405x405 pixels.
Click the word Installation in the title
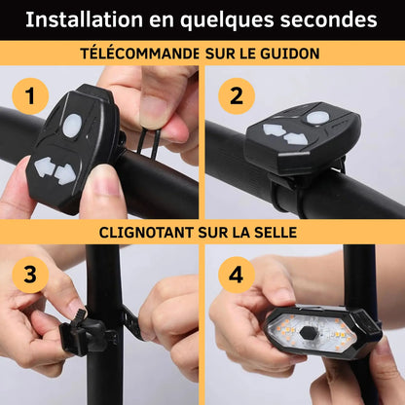[84, 19]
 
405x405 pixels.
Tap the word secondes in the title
[328, 19]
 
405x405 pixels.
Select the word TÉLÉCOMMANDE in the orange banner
[140, 54]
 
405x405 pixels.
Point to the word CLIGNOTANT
[147, 233]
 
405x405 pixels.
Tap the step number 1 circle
[30, 96]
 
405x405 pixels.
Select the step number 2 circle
[237, 96]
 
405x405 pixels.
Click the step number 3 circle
[30, 275]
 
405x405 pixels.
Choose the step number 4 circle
[237, 275]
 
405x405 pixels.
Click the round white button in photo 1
[72, 126]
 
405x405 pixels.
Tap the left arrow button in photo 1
[44, 166]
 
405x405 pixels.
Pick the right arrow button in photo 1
[64, 174]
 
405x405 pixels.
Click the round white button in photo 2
[317, 118]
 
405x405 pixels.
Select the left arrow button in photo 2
[275, 129]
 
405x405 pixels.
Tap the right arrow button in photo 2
[296, 138]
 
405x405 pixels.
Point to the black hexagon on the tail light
[308, 332]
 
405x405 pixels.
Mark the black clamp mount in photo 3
[85, 334]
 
